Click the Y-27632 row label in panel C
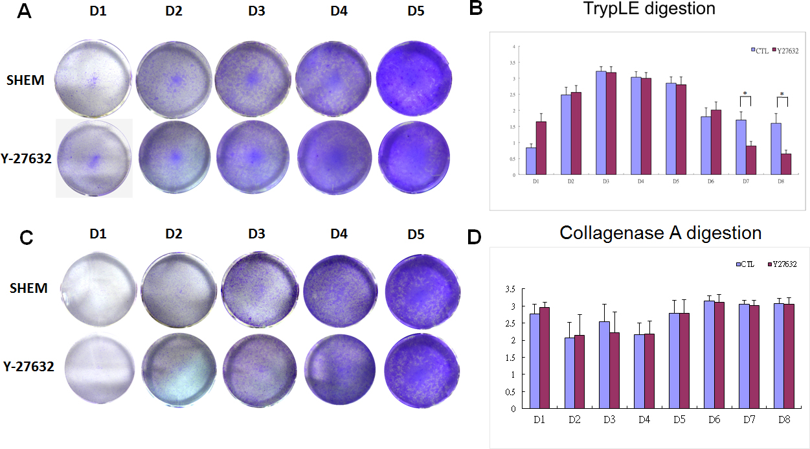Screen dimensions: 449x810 pyautogui.click(x=30, y=367)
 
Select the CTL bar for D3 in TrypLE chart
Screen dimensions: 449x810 pyautogui.click(x=602, y=122)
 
